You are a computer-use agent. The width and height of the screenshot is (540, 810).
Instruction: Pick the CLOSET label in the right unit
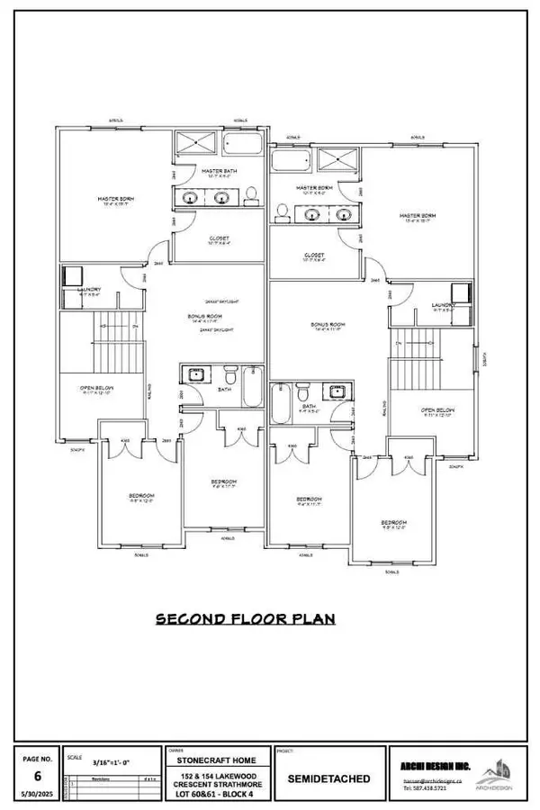tap(314, 256)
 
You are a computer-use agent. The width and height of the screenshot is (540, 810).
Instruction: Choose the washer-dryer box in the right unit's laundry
tap(462, 292)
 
